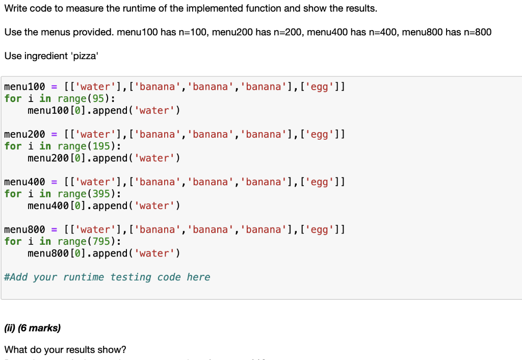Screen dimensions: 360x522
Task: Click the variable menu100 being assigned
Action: pos(24,86)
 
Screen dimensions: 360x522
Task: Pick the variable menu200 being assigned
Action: pos(24,134)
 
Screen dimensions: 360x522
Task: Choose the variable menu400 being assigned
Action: pos(24,182)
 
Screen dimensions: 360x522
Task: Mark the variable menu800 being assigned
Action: pos(24,229)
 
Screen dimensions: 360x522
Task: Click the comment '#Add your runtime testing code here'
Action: pos(107,277)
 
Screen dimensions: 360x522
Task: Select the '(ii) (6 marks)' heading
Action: pos(33,328)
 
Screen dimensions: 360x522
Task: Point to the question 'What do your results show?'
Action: pos(65,350)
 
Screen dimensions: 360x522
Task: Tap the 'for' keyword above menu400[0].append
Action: pos(13,194)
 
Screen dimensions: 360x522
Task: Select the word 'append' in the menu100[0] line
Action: pos(111,111)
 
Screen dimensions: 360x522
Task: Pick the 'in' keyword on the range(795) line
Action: pos(45,241)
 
